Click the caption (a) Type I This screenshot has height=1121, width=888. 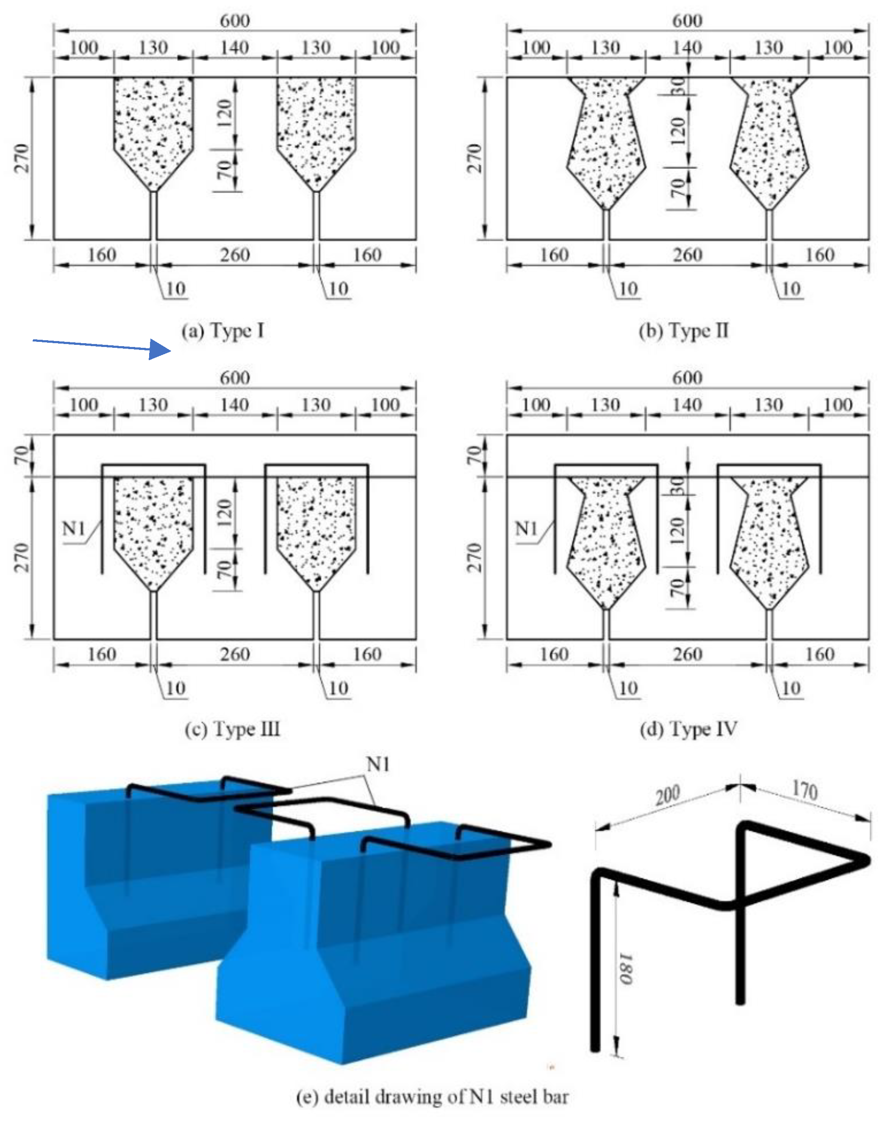pyautogui.click(x=223, y=331)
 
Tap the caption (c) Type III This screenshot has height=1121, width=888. pyautogui.click(x=233, y=729)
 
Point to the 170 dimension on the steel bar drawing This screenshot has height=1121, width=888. pyautogui.click(x=805, y=790)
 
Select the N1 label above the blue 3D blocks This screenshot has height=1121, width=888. pyautogui.click(x=378, y=764)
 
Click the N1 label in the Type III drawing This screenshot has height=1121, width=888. pyautogui.click(x=73, y=529)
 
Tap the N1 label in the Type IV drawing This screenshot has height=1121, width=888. pyautogui.click(x=526, y=529)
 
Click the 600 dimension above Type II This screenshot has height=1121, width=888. pyautogui.click(x=687, y=21)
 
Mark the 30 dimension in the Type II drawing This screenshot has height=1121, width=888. pyautogui.click(x=678, y=86)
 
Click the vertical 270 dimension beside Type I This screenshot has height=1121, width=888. pyautogui.click(x=22, y=158)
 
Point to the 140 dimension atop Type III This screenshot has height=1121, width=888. pyautogui.click(x=235, y=405)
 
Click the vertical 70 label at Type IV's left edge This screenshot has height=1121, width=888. pyautogui.click(x=474, y=456)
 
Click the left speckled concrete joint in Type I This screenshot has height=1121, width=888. pyautogui.click(x=153, y=130)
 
